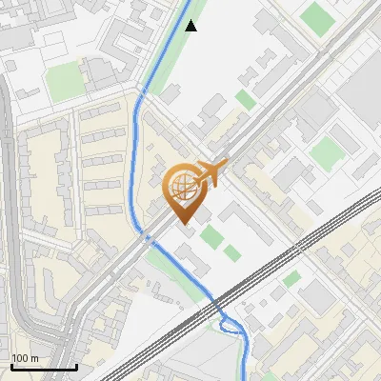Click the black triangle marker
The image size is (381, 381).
coord(190,26)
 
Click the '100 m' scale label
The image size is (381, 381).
coord(26,358)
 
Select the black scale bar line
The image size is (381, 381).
coord(44,367)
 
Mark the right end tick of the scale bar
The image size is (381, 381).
coord(76,365)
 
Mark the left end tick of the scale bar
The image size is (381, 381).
coord(11,365)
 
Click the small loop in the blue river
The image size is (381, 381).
coord(230,326)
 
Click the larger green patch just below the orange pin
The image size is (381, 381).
coord(211,236)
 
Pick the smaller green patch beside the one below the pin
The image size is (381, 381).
coord(231,252)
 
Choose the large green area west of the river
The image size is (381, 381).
coord(65,84)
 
